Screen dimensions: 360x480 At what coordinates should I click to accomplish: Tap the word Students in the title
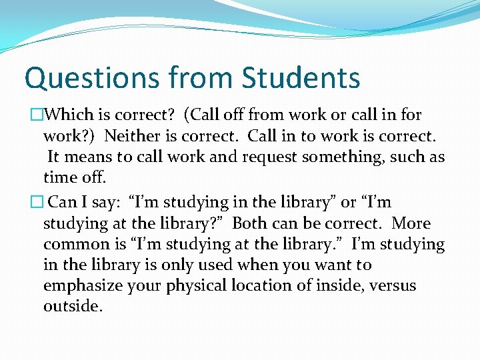[301, 78]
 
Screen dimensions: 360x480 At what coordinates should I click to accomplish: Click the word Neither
[135, 137]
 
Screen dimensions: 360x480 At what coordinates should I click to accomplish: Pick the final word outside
[73, 307]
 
